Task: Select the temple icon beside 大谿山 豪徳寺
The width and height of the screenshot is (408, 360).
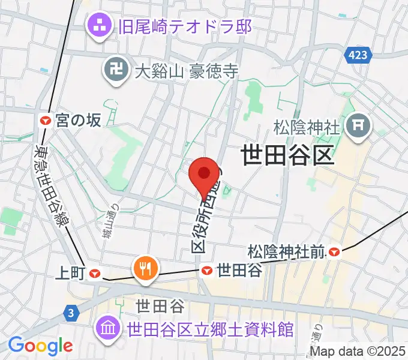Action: pyautogui.click(x=116, y=71)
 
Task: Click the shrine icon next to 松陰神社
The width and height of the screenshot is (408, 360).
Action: pyautogui.click(x=360, y=125)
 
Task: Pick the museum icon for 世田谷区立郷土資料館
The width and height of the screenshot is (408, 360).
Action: pyautogui.click(x=110, y=329)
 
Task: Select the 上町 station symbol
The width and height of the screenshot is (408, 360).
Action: pyautogui.click(x=94, y=273)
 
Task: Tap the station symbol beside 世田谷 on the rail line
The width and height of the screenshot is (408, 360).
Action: pyautogui.click(x=207, y=271)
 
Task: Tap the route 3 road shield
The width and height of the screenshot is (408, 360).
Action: pyautogui.click(x=71, y=313)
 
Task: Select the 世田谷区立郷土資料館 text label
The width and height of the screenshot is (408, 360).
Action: pyautogui.click(x=210, y=329)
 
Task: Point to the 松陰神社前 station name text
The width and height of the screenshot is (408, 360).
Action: pyautogui.click(x=287, y=249)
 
